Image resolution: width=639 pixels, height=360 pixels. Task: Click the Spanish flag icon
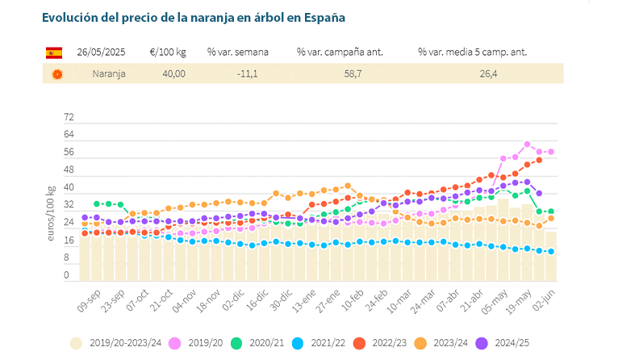coord(54,52)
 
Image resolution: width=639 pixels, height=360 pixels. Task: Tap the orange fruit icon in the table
coord(56,73)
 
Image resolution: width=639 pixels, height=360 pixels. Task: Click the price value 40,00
coord(173,73)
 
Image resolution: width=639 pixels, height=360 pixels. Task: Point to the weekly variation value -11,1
coord(247,73)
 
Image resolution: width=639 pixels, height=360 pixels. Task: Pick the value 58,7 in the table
coord(339,73)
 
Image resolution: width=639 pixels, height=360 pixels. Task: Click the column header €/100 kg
coord(169,52)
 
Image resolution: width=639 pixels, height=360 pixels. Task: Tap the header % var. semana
coord(238,52)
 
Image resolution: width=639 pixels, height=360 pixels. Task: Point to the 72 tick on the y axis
coord(69,117)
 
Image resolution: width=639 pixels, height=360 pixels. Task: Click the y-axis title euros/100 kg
coord(52,213)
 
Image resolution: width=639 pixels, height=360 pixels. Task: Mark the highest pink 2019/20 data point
coord(527,144)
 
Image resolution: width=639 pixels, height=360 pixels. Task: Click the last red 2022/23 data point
coord(539,160)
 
